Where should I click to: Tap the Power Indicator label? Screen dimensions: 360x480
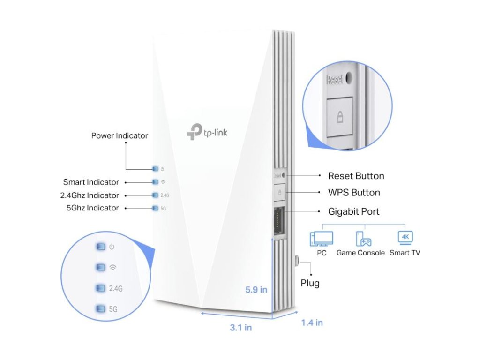(119, 136)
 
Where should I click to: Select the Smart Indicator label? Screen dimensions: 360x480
(91, 182)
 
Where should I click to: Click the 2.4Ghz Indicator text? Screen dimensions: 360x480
(89, 195)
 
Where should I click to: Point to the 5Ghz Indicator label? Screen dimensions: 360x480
(92, 208)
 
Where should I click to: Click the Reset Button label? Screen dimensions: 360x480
(356, 176)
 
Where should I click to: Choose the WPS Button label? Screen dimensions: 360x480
(354, 193)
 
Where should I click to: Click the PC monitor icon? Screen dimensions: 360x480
(322, 239)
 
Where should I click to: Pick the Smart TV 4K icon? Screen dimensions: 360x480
(405, 238)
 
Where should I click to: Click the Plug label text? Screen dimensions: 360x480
(310, 283)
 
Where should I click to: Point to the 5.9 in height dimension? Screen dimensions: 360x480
(256, 290)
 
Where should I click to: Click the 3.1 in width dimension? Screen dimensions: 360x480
(240, 328)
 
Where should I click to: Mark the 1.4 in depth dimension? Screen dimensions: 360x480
(312, 322)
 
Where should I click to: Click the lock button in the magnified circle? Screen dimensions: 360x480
(340, 117)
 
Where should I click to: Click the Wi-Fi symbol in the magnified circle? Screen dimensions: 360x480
(112, 268)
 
